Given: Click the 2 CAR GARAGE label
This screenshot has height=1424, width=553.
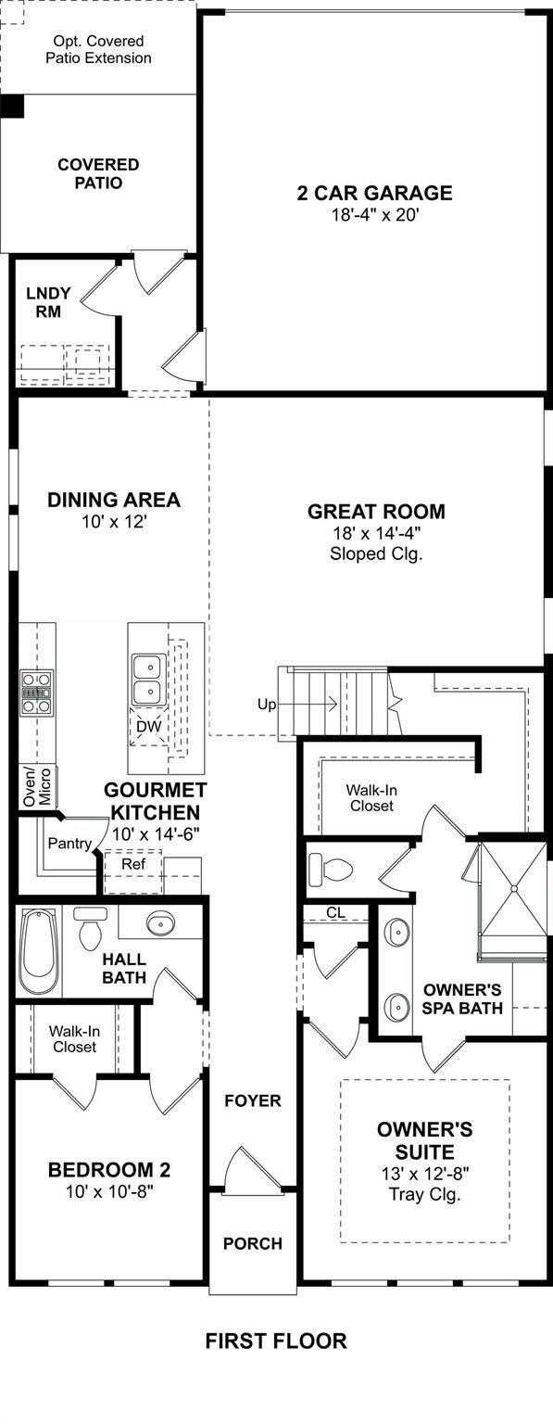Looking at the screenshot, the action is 374,193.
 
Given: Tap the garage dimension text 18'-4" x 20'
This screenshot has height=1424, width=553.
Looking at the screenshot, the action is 374,215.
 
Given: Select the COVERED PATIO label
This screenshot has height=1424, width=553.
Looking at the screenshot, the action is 98,173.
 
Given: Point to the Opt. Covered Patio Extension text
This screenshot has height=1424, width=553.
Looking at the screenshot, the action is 98,49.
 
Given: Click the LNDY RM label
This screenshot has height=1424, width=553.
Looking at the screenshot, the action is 48,302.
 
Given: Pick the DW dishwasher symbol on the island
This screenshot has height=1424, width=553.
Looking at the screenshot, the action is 149,725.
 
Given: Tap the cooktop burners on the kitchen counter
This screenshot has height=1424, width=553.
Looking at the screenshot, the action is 36,692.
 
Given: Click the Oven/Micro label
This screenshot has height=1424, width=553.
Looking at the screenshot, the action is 37,786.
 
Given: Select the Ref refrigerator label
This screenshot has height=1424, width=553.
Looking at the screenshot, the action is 133,864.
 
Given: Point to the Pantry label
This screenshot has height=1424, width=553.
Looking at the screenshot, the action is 69,844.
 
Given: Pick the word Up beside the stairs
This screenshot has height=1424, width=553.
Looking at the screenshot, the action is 268,705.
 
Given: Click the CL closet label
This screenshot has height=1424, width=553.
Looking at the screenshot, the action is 336,912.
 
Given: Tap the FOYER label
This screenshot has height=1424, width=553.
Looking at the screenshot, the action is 253,1100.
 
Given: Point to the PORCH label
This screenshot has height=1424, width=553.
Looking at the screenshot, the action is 253,1243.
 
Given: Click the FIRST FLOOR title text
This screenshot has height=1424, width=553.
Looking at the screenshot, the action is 276,1341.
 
